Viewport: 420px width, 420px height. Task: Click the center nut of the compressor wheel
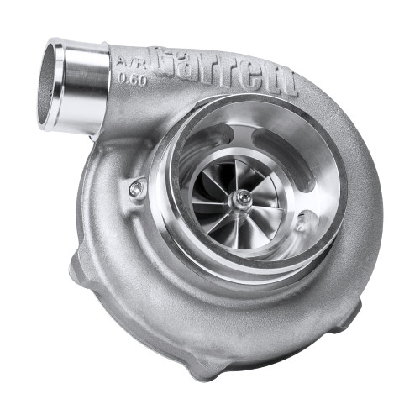(x=242, y=198)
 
